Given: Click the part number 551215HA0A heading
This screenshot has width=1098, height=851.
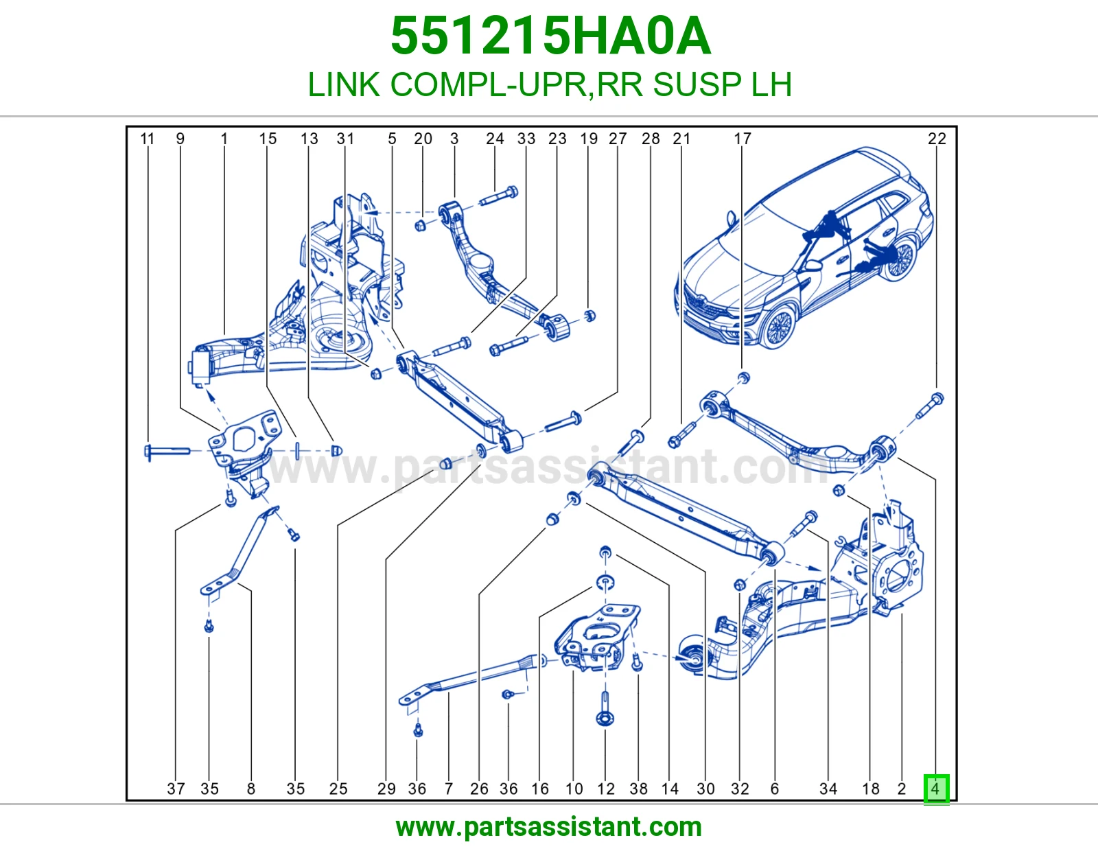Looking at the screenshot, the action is pyautogui.click(x=551, y=36).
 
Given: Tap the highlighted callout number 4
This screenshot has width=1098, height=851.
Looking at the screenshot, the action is pyautogui.click(x=936, y=789).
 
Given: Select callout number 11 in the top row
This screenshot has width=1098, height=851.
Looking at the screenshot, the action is pyautogui.click(x=147, y=139).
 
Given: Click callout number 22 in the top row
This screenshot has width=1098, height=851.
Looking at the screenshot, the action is pyautogui.click(x=937, y=139).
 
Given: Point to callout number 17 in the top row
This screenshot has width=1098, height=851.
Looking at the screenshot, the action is pyautogui.click(x=743, y=139).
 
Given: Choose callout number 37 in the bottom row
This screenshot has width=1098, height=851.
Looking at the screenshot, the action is pyautogui.click(x=176, y=789).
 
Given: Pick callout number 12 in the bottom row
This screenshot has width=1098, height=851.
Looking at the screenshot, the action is pyautogui.click(x=606, y=789).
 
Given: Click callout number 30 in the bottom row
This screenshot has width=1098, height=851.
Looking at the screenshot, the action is pyautogui.click(x=706, y=789).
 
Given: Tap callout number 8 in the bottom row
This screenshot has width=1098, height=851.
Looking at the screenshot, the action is pyautogui.click(x=251, y=789).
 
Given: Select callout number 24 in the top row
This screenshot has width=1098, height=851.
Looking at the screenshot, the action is pyautogui.click(x=495, y=139).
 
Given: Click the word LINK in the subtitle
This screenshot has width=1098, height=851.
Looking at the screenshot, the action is pyautogui.click(x=344, y=84).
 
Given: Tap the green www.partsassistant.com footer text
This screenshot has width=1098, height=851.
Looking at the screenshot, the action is pyautogui.click(x=549, y=827).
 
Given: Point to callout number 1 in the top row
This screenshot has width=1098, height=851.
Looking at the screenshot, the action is pyautogui.click(x=224, y=139).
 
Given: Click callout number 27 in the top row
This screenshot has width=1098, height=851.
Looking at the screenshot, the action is pyautogui.click(x=618, y=139).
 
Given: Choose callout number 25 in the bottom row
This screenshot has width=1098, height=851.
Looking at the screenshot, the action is pyautogui.click(x=338, y=789).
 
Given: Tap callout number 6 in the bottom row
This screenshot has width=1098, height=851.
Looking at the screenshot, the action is pyautogui.click(x=775, y=789).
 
